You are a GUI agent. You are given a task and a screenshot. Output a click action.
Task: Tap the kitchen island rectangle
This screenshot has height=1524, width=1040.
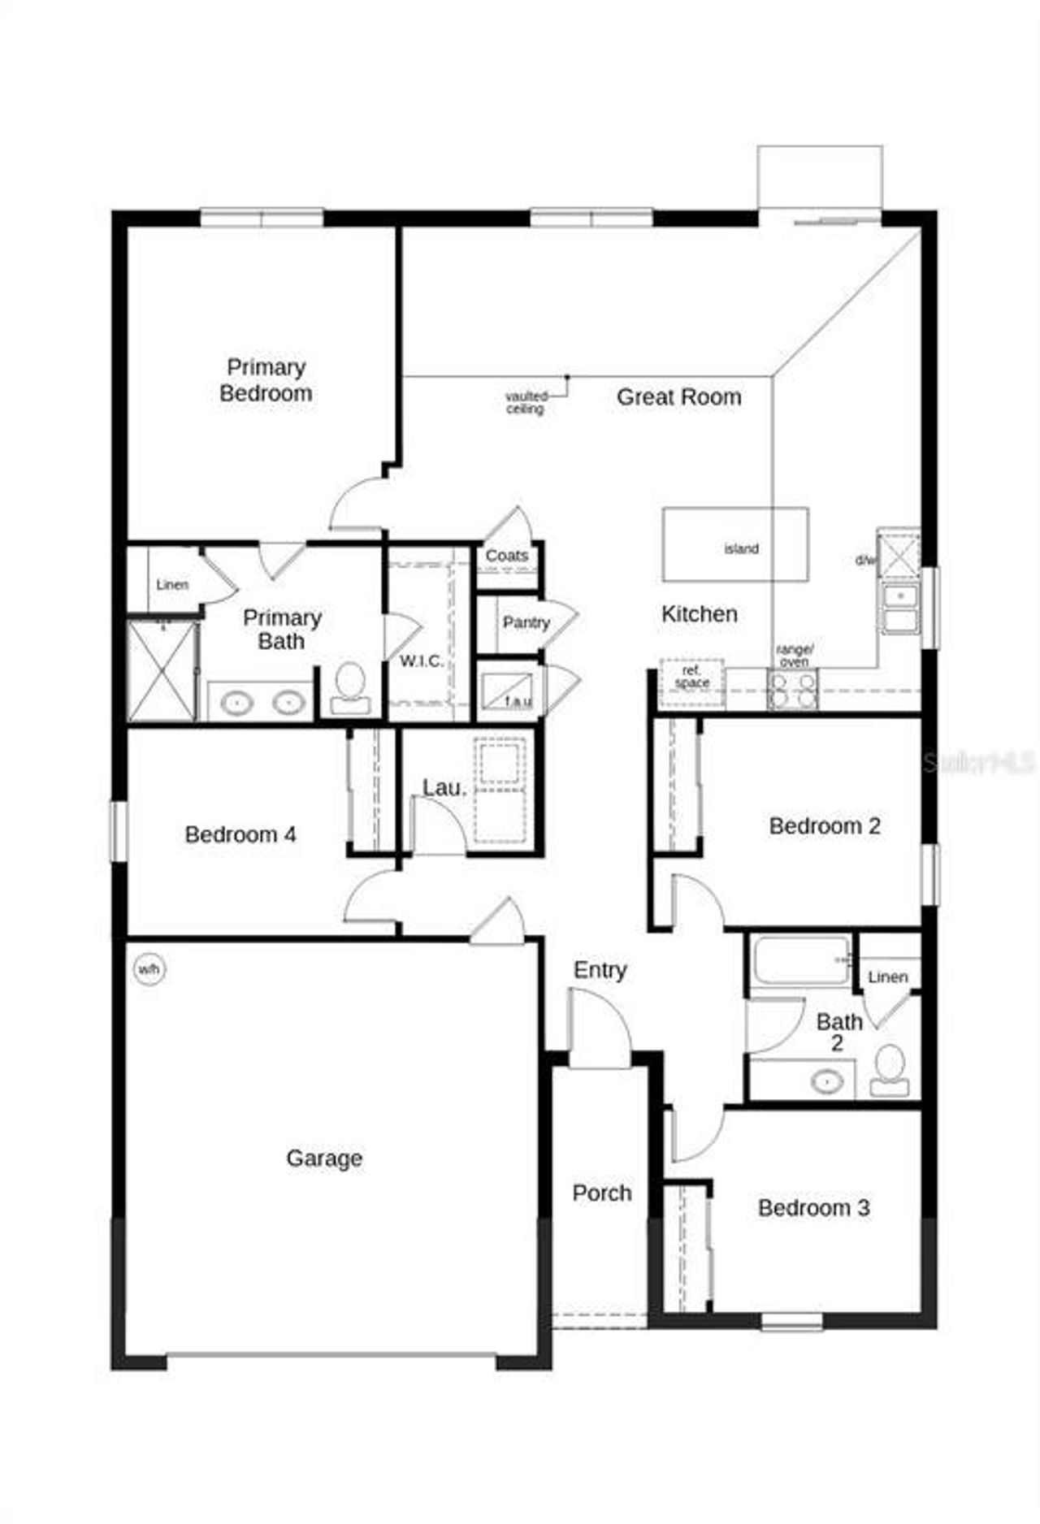coord(735,544)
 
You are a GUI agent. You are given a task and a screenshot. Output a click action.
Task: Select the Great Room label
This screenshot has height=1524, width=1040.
coord(678,397)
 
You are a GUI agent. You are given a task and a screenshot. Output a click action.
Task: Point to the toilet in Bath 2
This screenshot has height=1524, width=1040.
coord(890,1070)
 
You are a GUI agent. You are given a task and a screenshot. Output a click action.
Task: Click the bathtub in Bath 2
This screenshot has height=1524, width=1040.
coord(801,960)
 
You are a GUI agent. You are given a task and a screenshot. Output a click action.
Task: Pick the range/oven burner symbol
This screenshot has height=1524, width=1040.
coord(793,689)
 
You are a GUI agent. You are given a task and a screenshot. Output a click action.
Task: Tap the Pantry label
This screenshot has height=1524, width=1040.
coord(526,623)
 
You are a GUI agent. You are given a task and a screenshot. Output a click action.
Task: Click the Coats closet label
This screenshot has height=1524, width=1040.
coord(506,556)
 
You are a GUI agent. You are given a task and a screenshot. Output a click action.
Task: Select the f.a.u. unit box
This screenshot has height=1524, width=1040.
coord(508,690)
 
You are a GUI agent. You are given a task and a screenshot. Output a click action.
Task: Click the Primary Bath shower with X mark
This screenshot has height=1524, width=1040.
coord(162,672)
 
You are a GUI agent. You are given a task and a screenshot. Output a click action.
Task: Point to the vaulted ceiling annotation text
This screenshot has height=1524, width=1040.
coord(526,403)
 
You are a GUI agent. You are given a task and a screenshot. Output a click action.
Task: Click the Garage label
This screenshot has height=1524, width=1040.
coord(324,1158)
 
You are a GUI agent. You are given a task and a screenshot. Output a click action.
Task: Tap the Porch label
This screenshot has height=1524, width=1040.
coord(601,1193)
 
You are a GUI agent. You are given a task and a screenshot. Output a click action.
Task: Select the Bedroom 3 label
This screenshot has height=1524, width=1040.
coord(813,1207)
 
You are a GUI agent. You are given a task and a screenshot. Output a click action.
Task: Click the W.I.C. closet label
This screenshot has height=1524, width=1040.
coord(421,660)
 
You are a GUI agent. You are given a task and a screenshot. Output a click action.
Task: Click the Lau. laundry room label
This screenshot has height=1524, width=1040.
coord(444,786)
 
